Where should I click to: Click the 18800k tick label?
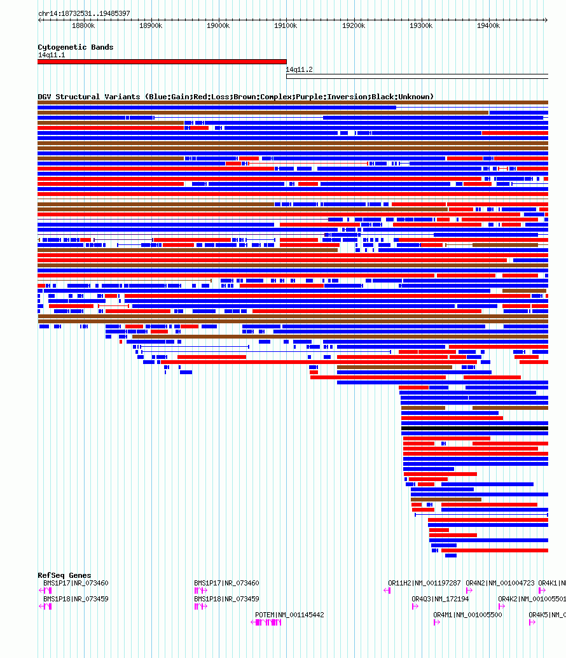tap(83, 25)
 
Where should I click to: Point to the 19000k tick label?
tap(218, 25)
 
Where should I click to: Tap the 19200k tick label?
tap(354, 25)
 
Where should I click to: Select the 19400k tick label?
tap(488, 25)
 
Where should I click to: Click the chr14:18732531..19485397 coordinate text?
tap(84, 13)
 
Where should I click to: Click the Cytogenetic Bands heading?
tap(75, 47)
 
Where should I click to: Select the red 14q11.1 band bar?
tap(162, 62)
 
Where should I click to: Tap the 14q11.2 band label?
tap(299, 69)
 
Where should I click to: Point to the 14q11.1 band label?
tap(51, 55)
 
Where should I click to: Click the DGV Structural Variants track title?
tap(235, 97)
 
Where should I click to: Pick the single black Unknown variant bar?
tap(474, 428)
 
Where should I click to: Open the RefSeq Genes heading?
tap(64, 575)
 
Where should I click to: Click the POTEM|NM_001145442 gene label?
tap(289, 615)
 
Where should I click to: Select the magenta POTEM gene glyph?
tap(267, 622)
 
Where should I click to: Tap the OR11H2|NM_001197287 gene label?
tap(424, 583)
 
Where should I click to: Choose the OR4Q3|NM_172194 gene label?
tap(440, 599)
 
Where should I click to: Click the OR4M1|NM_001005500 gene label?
tap(467, 615)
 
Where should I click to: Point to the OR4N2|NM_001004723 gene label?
tap(500, 583)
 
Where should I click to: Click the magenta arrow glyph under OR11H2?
tap(387, 591)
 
